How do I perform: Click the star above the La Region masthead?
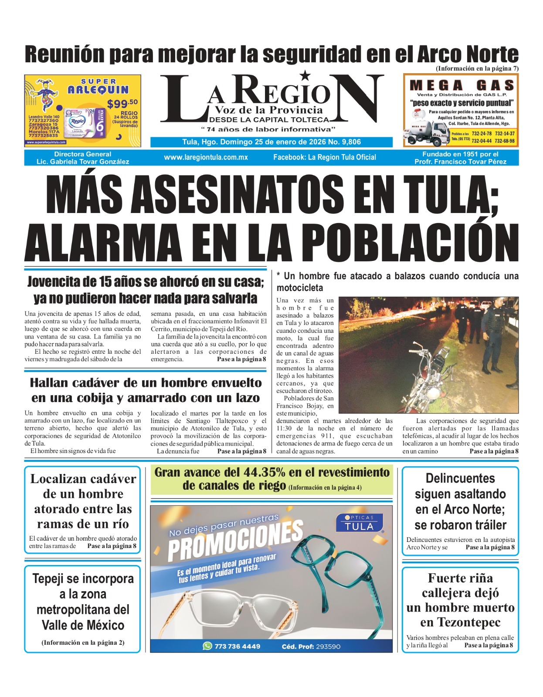(x=305, y=75)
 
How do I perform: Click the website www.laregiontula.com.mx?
(x=206, y=157)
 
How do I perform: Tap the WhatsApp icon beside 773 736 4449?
(x=207, y=646)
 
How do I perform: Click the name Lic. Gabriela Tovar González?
(x=83, y=162)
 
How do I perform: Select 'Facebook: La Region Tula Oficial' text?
(x=324, y=157)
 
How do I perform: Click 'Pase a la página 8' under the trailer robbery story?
(x=490, y=548)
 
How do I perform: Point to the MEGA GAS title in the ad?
(x=462, y=85)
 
